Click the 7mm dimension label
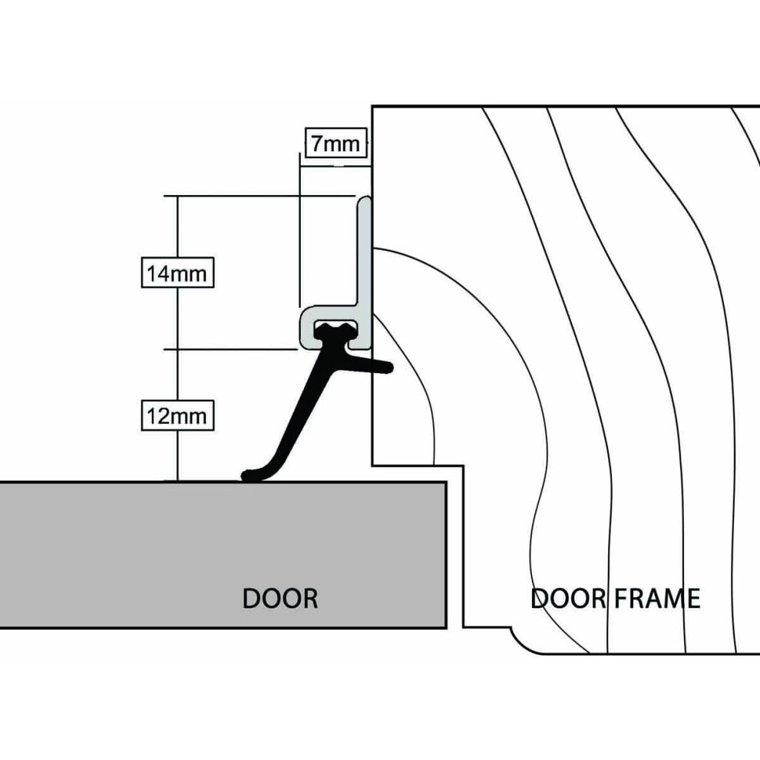(x=335, y=144)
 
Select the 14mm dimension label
(x=177, y=273)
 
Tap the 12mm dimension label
(x=177, y=415)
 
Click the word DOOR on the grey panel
(x=280, y=598)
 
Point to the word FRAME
(x=657, y=598)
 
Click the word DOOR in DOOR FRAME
(x=569, y=598)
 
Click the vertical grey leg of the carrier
(x=365, y=252)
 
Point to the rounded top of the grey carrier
(x=365, y=199)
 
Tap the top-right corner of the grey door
(x=446, y=482)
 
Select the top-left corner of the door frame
(x=372, y=106)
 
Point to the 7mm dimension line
(x=335, y=166)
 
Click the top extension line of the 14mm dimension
(x=259, y=196)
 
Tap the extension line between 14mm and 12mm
(x=231, y=349)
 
